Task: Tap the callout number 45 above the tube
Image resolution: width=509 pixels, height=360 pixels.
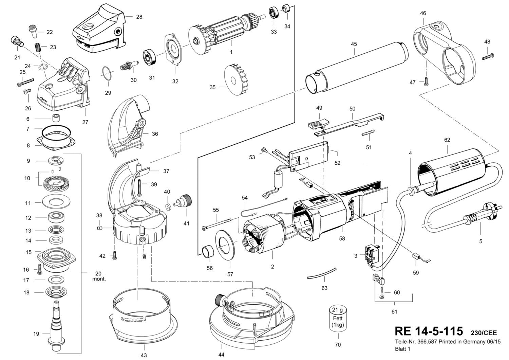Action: pos(354,44)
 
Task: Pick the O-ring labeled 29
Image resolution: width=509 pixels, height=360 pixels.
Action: pos(107,74)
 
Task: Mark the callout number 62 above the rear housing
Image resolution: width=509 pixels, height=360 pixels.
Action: pos(447,140)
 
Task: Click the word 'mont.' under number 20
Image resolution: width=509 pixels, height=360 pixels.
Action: pos(99,279)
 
